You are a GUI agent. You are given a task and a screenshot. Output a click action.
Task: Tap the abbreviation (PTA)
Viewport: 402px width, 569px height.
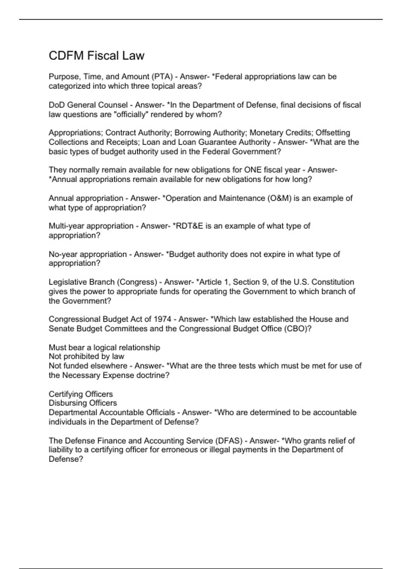pyautogui.click(x=162, y=77)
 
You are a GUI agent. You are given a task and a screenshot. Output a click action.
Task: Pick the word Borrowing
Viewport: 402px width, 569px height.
pyautogui.click(x=192, y=133)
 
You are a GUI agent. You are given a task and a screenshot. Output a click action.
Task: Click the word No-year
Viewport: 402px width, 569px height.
pyautogui.click(x=64, y=254)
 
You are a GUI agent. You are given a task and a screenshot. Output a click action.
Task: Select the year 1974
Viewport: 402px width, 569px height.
pyautogui.click(x=162, y=319)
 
